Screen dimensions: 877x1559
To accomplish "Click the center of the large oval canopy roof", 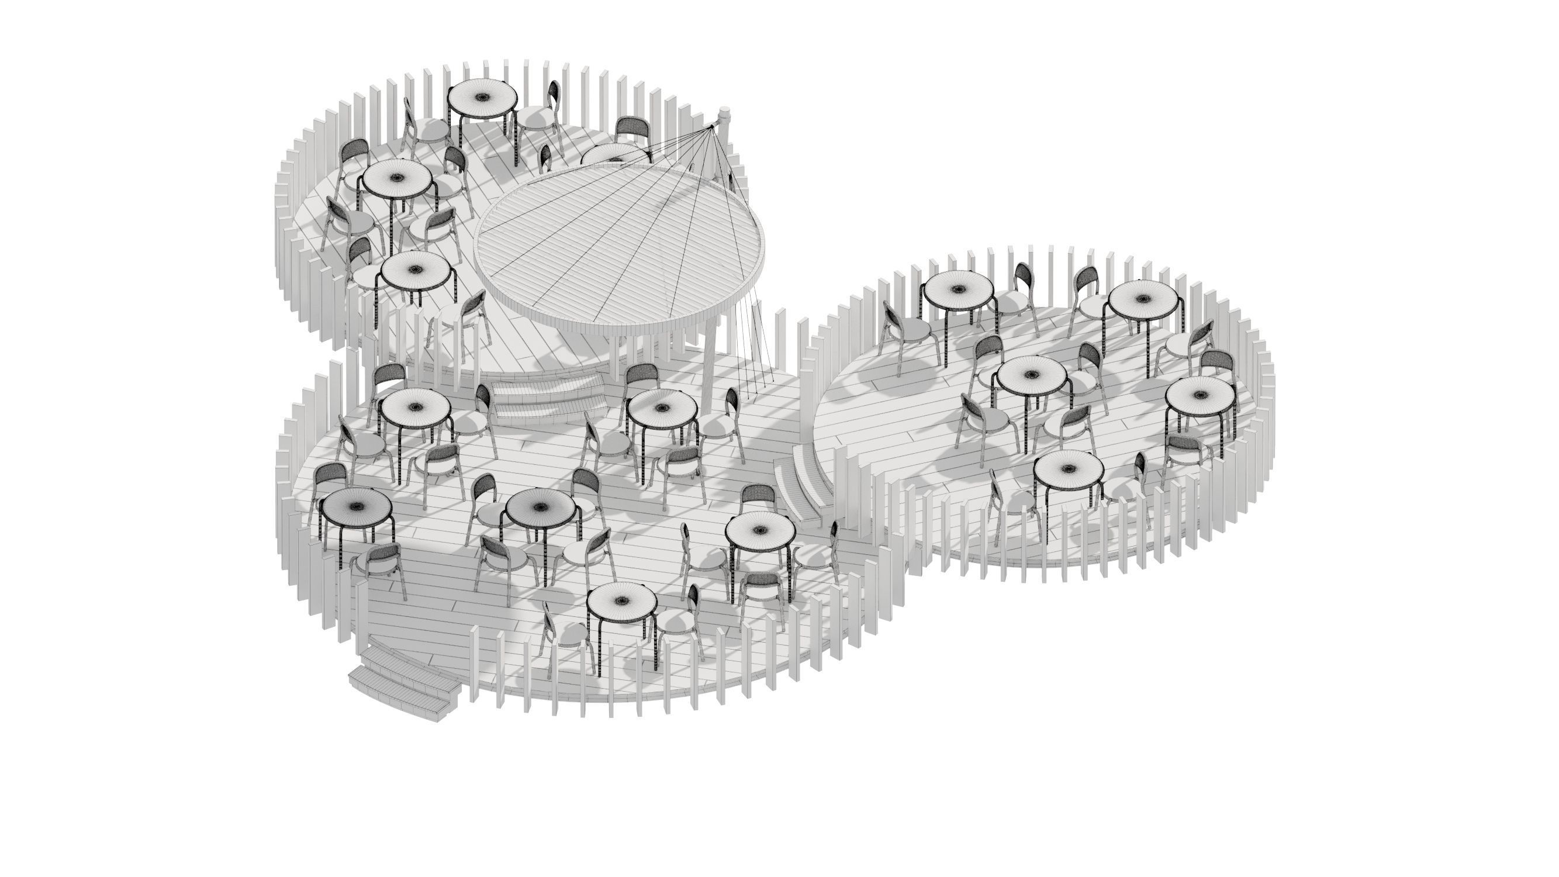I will [620, 242].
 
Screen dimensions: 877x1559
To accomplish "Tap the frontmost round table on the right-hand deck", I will [1068, 469].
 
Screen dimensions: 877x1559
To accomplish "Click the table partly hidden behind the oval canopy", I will [614, 154].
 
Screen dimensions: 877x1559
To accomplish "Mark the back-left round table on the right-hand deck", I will [959, 288].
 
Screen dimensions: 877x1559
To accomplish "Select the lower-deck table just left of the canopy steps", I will [415, 406].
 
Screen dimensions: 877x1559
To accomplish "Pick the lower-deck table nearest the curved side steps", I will [759, 529].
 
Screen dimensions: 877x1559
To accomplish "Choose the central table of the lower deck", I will [541, 507].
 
